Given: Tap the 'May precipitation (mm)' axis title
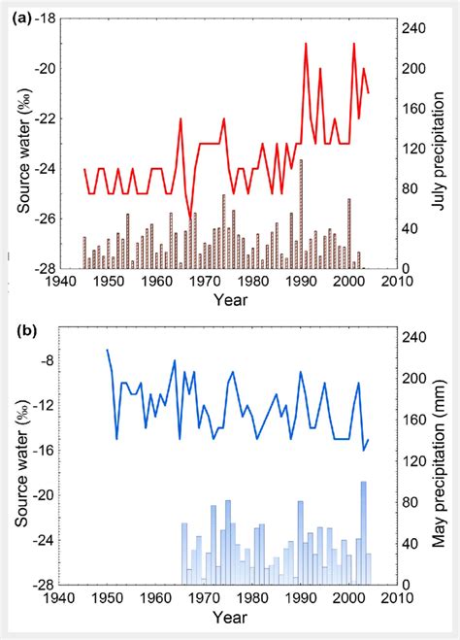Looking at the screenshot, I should point(439,460).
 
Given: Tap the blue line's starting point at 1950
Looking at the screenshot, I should point(108,351).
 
